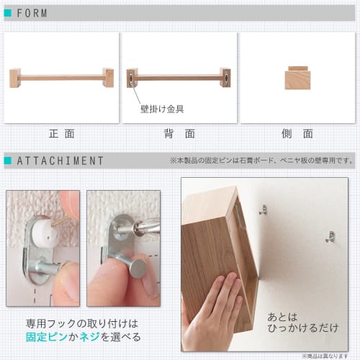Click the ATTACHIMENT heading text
(60, 161)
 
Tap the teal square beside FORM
(8, 13)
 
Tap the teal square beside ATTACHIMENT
(8, 161)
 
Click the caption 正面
(62, 134)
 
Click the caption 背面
(179, 134)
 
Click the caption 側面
(297, 134)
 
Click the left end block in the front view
(15, 77)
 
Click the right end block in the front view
(108, 77)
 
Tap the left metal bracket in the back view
(132, 77)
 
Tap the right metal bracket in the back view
(225, 77)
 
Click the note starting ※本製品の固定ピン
(262, 161)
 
